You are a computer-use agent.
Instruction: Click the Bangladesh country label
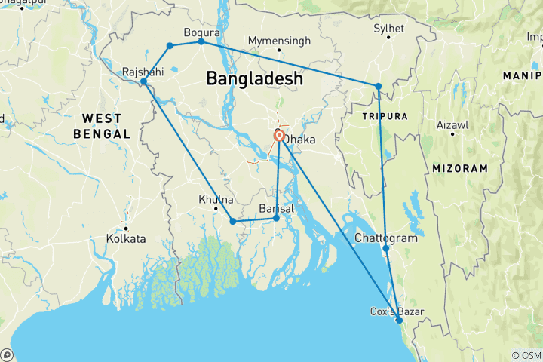pos(254,78)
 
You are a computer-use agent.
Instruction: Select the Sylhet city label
pos(389,29)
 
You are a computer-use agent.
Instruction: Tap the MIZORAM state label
pos(460,168)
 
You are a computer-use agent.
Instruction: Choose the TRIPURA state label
pos(385,116)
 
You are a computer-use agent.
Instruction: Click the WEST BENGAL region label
pos(102,126)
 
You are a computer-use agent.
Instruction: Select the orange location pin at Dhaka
pos(279,136)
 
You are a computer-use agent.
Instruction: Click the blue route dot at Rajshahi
pos(143,81)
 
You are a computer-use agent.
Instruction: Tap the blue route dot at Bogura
pos(201,41)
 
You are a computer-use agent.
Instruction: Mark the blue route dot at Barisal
pos(276,218)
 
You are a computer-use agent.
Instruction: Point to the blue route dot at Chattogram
pos(385,248)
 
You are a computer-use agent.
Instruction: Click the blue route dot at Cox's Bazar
pos(399,321)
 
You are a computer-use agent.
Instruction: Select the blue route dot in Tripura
pos(379,86)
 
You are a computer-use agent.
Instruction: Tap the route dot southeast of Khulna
pos(233,221)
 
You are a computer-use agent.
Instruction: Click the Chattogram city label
pos(385,238)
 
